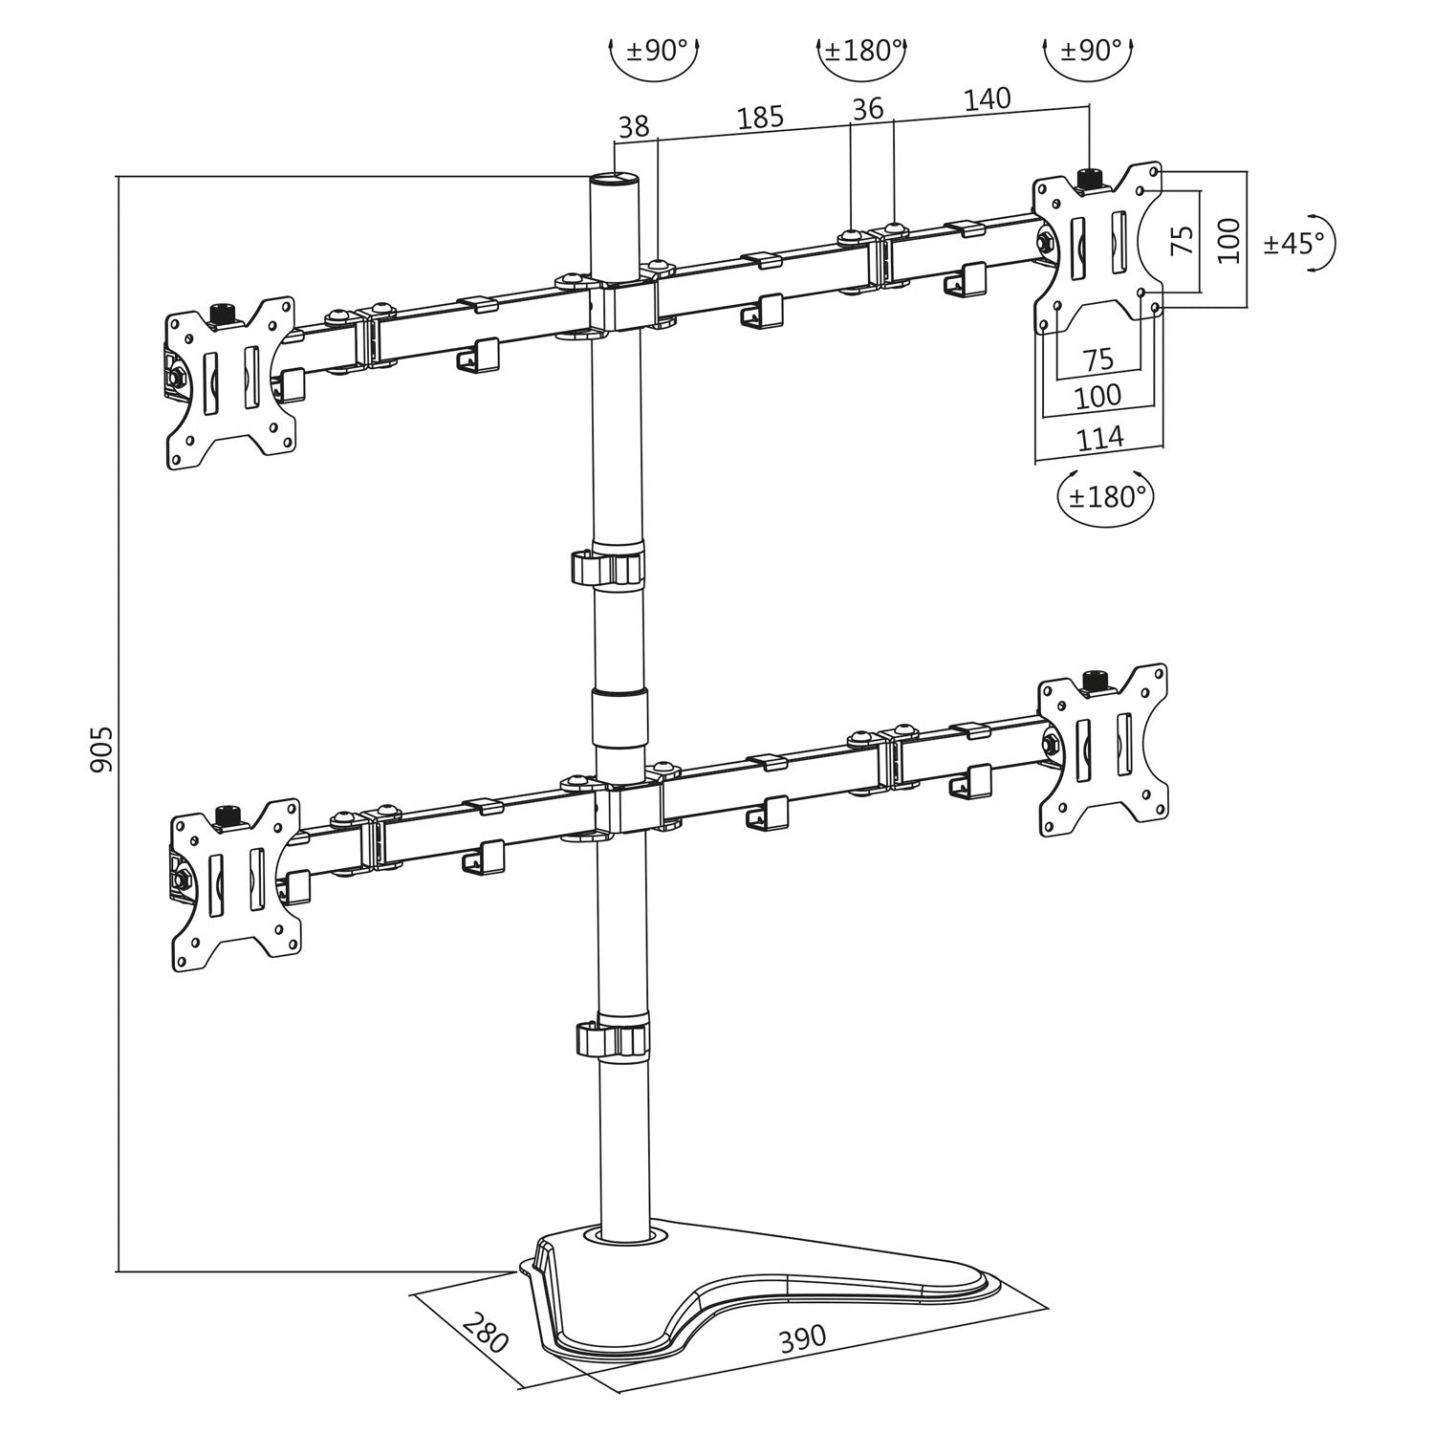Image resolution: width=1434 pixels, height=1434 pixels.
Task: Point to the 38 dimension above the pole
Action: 634,126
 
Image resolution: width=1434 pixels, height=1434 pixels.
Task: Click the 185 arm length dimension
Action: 760,117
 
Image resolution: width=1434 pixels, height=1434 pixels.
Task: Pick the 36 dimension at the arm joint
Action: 867,108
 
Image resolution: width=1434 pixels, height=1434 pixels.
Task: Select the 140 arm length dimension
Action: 987,98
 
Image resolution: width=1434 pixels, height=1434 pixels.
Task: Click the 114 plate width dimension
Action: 1100,439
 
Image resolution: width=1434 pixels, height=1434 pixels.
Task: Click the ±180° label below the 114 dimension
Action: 1106,497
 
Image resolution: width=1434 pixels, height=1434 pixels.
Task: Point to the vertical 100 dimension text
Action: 1229,240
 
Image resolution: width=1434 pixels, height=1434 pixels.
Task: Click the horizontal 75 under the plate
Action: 1098,359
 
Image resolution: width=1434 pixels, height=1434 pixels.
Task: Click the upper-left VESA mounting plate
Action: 229,382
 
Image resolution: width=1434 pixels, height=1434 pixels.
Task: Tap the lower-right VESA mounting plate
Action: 1104,747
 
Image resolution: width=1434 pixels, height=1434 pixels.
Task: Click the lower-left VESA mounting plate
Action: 235,884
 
